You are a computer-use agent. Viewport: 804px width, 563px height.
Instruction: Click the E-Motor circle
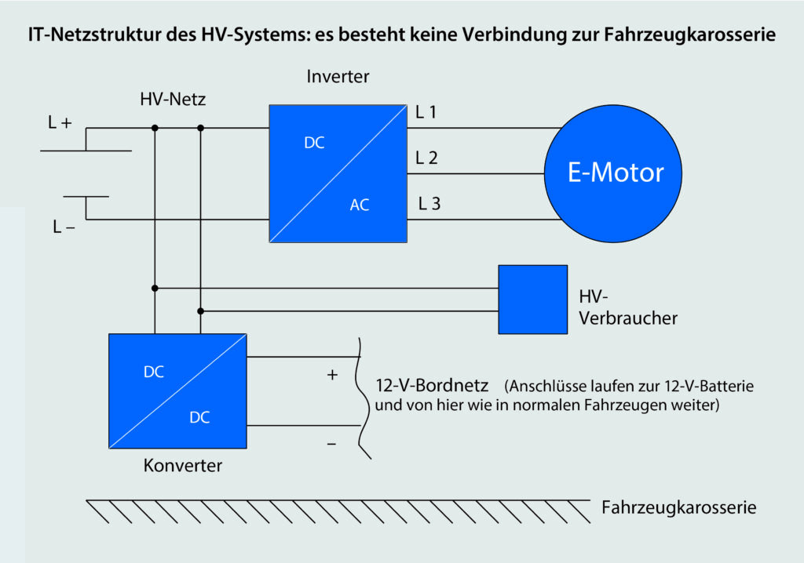(x=616, y=173)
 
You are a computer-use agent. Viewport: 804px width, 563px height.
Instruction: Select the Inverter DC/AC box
(x=338, y=173)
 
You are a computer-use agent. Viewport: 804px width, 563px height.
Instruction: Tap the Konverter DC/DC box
(x=177, y=391)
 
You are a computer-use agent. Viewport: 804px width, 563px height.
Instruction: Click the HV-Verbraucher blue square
(x=532, y=299)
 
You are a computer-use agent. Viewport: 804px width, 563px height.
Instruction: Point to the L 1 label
(x=426, y=112)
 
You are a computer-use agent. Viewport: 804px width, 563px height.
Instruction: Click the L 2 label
(x=427, y=158)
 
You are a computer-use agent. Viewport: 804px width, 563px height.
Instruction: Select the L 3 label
(x=429, y=204)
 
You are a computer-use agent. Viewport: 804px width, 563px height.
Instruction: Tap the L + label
(x=60, y=122)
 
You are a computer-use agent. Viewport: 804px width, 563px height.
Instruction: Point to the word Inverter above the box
(x=338, y=77)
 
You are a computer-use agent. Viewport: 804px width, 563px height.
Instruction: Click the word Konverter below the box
(x=183, y=466)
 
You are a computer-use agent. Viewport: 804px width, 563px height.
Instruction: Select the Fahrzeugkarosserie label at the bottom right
(x=678, y=507)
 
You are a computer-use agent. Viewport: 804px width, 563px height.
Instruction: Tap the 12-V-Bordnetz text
(x=433, y=387)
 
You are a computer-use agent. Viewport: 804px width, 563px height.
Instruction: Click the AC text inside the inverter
(x=360, y=205)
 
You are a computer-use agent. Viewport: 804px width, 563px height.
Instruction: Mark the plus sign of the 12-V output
(x=331, y=375)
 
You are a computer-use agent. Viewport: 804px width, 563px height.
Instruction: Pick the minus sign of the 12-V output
(x=331, y=445)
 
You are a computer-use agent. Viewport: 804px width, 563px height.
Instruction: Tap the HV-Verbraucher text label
(x=627, y=307)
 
